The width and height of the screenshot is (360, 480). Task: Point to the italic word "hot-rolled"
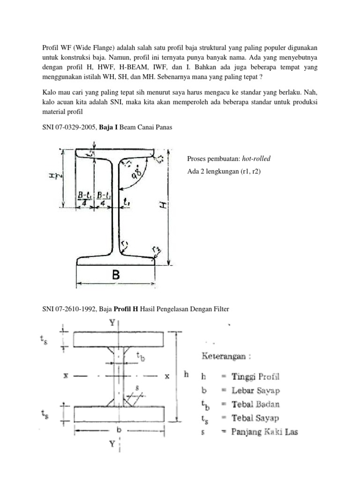pyautogui.click(x=255, y=158)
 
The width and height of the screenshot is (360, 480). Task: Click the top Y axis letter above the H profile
pyautogui.click(x=112, y=322)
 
